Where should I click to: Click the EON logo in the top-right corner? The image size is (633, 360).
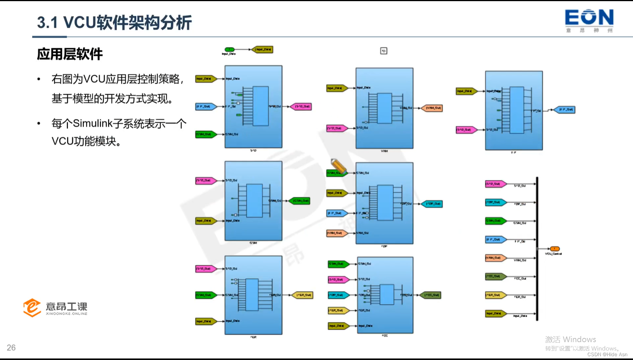[x=589, y=21]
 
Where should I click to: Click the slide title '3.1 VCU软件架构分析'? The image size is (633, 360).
[x=114, y=23]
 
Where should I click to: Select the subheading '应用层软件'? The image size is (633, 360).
[x=70, y=54]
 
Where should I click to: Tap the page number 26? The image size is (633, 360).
[x=11, y=347]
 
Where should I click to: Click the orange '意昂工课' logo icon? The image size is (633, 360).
[x=32, y=308]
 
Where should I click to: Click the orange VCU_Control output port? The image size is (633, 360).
[x=554, y=249]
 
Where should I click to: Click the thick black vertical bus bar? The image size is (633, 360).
[x=537, y=249]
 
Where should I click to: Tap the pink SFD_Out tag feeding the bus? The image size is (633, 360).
[x=495, y=184]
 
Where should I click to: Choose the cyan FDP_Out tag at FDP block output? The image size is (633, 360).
[x=433, y=204]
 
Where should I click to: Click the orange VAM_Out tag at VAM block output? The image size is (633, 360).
[x=432, y=108]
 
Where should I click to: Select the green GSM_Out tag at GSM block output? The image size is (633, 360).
[x=300, y=201]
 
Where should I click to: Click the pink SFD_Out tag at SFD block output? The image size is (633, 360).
[x=301, y=107]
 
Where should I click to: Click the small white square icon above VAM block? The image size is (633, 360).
[x=384, y=51]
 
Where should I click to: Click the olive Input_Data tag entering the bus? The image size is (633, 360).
[x=495, y=314]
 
